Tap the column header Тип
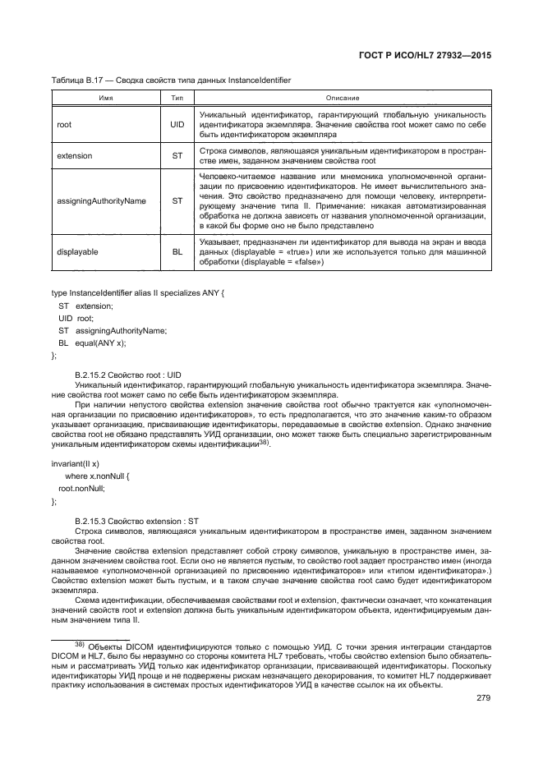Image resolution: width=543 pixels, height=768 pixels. click(177, 97)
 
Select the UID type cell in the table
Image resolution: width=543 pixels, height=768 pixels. click(177, 125)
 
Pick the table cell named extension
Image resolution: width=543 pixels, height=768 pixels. click(74, 155)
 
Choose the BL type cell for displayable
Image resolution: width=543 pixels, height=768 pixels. click(177, 251)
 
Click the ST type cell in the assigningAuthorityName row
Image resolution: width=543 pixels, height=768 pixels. click(177, 200)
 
